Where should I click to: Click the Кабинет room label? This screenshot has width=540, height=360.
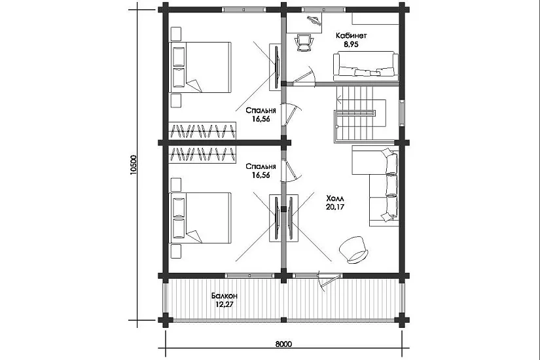(351, 35)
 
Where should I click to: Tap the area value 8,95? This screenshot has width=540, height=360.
(351, 44)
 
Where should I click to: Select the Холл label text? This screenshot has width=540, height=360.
(334, 198)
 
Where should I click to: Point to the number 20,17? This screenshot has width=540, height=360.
(334, 207)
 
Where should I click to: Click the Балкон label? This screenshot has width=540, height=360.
(225, 296)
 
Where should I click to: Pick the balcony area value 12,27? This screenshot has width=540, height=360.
(225, 304)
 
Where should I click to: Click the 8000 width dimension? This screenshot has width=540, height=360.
(284, 344)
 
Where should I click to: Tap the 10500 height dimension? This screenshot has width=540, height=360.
(134, 165)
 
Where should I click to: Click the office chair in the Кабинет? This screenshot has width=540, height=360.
(304, 42)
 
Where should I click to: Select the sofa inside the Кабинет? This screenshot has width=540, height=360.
(366, 66)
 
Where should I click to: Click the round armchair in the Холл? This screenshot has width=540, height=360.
(354, 250)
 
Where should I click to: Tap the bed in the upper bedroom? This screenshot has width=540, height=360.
(200, 67)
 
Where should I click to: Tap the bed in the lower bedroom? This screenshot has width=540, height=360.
(200, 218)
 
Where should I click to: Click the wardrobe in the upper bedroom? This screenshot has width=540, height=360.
(202, 130)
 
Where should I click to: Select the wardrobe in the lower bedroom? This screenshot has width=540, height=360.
(202, 154)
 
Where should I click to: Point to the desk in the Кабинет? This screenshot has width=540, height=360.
(305, 23)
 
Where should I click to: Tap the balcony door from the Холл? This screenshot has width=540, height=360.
(327, 282)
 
